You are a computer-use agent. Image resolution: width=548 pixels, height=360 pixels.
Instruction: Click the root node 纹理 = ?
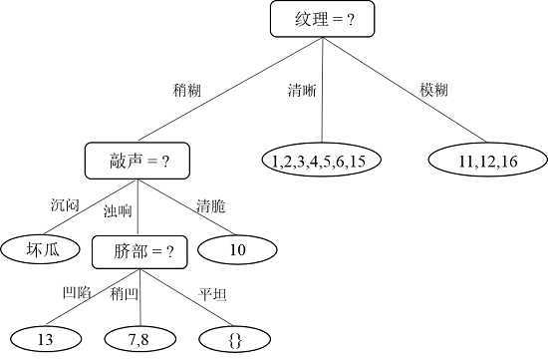pyautogui.click(x=326, y=20)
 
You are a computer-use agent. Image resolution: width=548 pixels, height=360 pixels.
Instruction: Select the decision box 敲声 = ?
pyautogui.click(x=137, y=160)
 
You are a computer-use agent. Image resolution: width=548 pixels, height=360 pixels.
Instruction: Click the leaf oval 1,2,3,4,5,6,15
pyautogui.click(x=321, y=161)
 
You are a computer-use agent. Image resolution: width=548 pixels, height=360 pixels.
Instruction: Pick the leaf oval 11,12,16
pyautogui.click(x=487, y=161)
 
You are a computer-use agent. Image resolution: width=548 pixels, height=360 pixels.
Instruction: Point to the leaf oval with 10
pyautogui.click(x=237, y=250)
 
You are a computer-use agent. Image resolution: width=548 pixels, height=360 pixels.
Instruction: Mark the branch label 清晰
pyautogui.click(x=302, y=91)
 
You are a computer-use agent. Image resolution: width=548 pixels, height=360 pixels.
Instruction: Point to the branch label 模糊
pyautogui.click(x=433, y=91)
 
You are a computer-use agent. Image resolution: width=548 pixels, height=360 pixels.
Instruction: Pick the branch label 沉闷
pyautogui.click(x=65, y=205)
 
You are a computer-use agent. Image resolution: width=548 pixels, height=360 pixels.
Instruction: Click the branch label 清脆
pyautogui.click(x=210, y=206)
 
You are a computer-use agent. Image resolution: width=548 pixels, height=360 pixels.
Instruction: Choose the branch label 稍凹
pyautogui.click(x=123, y=295)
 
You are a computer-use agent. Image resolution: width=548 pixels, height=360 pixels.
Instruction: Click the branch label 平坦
pyautogui.click(x=211, y=295)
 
